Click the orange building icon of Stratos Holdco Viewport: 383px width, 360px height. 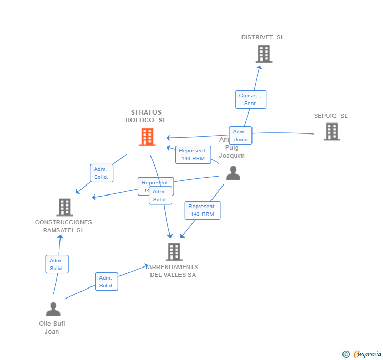click(147, 137)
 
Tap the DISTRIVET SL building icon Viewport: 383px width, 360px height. click(264, 54)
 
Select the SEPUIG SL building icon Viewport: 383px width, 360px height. click(331, 131)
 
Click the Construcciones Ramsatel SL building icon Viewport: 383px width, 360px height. click(65, 207)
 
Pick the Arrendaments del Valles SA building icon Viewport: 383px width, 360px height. click(174, 252)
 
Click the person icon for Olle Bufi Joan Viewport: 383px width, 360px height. click(53, 309)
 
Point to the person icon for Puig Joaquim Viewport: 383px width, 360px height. click(233, 173)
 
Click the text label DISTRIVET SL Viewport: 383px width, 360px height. click(263, 37)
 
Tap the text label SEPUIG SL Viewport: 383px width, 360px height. click(330, 116)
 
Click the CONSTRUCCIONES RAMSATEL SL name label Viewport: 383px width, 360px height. click(63, 227)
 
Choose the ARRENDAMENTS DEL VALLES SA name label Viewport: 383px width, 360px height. click(173, 271)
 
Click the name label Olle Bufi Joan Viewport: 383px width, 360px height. click(52, 327)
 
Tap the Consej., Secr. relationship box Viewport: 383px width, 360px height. click(250, 99)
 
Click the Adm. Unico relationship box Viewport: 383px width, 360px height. click(240, 136)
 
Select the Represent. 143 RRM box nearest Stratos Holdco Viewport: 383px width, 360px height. click(193, 155)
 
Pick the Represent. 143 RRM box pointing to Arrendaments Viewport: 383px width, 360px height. click(203, 210)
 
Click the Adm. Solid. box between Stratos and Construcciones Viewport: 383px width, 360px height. click(101, 173)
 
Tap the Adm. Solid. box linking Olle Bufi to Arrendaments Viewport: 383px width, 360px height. click(106, 282)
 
